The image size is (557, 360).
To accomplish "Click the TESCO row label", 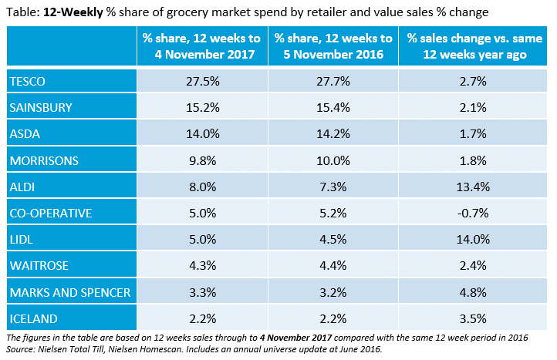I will [x=27, y=81].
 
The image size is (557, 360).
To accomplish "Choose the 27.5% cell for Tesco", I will [x=202, y=81].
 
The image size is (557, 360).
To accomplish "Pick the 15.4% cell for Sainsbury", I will [x=334, y=107].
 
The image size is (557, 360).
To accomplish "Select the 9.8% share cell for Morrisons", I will [x=202, y=160].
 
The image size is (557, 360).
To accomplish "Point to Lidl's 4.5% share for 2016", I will [x=334, y=239].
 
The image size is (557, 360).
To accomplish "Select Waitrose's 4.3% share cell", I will [x=202, y=266].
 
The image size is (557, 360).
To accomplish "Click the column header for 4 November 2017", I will [x=202, y=47].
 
